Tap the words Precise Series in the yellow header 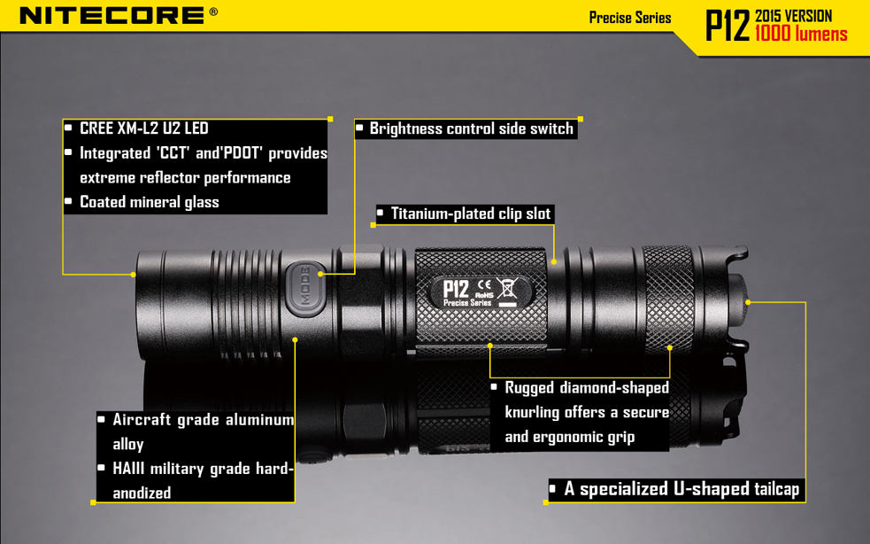pyautogui.click(x=629, y=18)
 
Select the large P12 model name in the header pyautogui.click(x=727, y=26)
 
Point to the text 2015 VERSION pyautogui.click(x=794, y=16)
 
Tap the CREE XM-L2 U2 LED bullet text pyautogui.click(x=143, y=128)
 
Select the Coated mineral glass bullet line pyautogui.click(x=149, y=202)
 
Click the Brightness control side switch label pyautogui.click(x=471, y=128)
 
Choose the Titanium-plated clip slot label pyautogui.click(x=470, y=214)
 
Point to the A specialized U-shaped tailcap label pyautogui.click(x=681, y=489)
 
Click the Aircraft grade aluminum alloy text pyautogui.click(x=202, y=431)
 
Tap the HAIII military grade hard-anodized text pyautogui.click(x=202, y=480)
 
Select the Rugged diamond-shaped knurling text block pyautogui.click(x=586, y=412)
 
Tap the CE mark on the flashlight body pyautogui.click(x=484, y=285)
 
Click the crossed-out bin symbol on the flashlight pyautogui.click(x=508, y=288)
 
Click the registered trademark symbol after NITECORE pyautogui.click(x=213, y=12)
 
